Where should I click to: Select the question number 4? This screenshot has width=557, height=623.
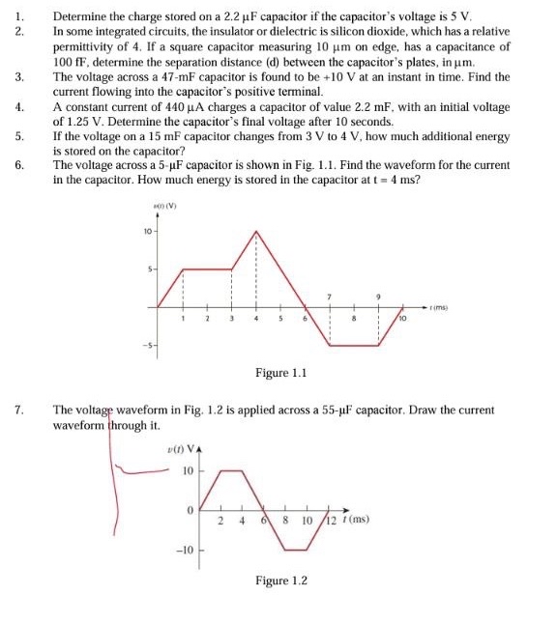tap(17, 105)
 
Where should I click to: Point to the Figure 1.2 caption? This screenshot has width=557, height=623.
tap(280, 581)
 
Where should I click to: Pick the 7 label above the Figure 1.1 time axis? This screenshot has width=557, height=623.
tap(329, 295)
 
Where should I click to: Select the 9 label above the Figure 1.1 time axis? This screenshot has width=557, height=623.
tap(378, 295)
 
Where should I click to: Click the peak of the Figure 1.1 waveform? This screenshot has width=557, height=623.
tap(255, 231)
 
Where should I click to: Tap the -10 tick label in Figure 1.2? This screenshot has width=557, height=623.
tap(184, 549)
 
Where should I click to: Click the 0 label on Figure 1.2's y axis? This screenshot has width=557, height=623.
tap(191, 509)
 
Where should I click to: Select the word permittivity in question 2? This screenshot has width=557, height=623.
tap(84, 46)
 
